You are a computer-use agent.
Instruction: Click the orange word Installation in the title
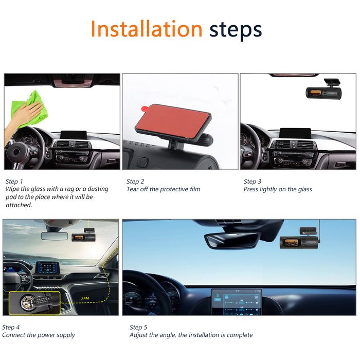(147, 29)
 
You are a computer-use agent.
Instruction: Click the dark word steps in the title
(236, 30)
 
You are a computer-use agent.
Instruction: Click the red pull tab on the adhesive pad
(145, 108)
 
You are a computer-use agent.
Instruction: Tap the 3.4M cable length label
(85, 298)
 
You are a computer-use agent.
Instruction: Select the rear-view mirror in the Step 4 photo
(55, 236)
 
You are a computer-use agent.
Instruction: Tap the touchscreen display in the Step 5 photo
(237, 302)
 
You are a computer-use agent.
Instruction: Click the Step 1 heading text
(14, 182)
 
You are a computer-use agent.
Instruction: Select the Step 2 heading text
(135, 182)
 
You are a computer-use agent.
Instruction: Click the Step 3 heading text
(253, 182)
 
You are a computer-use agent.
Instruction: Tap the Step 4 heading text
(11, 327)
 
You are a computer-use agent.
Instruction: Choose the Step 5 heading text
(138, 327)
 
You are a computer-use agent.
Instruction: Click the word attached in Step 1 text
(19, 205)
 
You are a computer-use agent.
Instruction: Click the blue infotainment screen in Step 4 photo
(47, 268)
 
